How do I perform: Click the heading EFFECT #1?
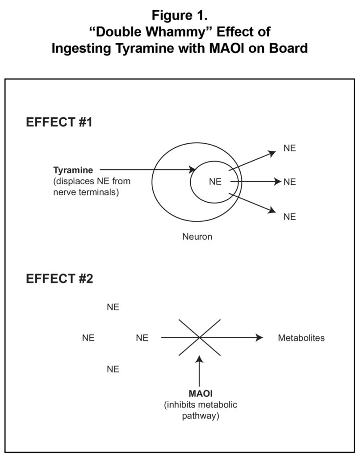click(x=59, y=122)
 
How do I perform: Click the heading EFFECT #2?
click(x=59, y=279)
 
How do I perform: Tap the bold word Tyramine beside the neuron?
click(x=73, y=170)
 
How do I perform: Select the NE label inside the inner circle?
click(x=215, y=182)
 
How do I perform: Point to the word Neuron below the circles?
click(x=197, y=237)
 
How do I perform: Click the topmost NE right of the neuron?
click(x=289, y=148)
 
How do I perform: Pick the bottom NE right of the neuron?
click(x=289, y=216)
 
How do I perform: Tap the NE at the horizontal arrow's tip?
click(x=289, y=182)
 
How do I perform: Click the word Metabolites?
click(x=301, y=338)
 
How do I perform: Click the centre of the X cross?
click(x=200, y=337)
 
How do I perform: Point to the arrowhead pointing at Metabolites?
click(x=260, y=338)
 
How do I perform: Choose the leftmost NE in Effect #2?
click(x=88, y=338)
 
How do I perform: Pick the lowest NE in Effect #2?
click(x=113, y=369)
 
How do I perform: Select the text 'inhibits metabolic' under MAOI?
click(x=201, y=405)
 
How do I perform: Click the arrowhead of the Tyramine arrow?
click(x=193, y=170)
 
